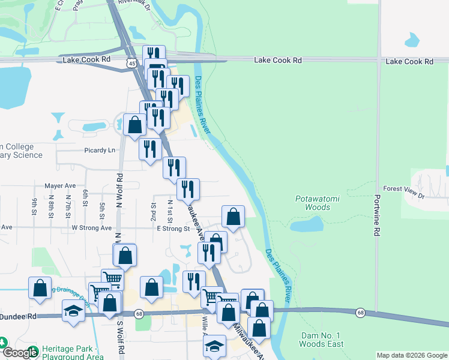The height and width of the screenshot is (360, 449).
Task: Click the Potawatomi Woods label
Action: point(313,203)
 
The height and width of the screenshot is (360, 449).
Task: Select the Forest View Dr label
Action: point(404,188)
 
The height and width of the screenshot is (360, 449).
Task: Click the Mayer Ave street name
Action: point(60,186)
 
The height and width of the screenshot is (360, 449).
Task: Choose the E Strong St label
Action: point(173,228)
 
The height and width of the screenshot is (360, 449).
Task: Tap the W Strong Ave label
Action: point(91,228)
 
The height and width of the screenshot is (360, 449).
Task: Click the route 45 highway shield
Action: point(131,62)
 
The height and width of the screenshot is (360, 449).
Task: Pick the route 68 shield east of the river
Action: point(360,312)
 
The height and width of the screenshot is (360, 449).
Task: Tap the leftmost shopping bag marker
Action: point(40,288)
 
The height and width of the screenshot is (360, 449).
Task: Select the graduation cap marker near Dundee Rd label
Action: point(73,311)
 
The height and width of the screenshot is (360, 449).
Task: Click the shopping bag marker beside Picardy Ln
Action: point(135,125)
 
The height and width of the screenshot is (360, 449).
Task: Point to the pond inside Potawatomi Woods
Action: point(306,226)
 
